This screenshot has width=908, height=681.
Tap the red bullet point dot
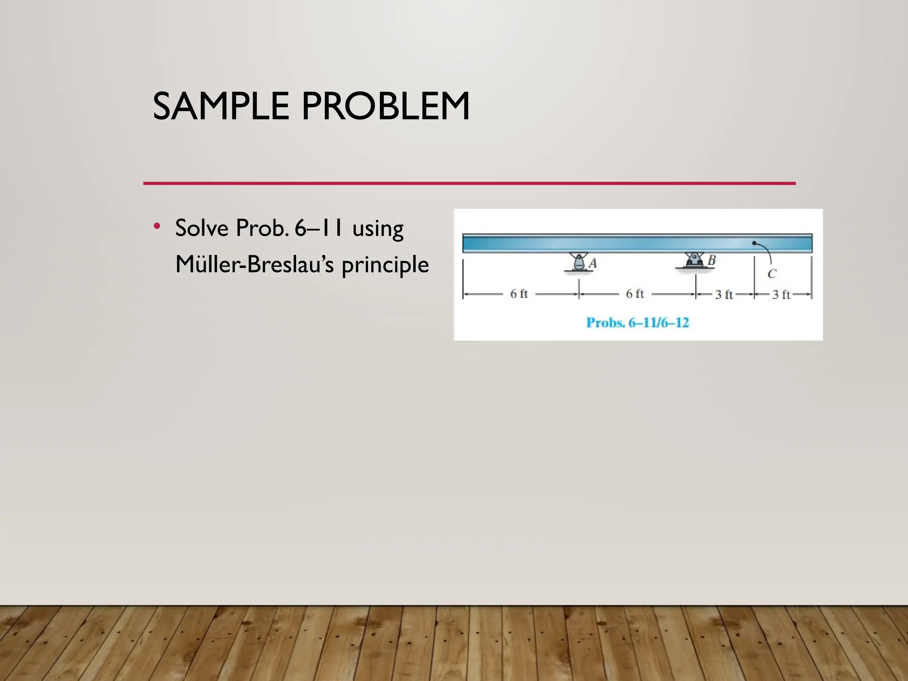pyautogui.click(x=157, y=226)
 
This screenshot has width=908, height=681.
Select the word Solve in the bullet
pyautogui.click(x=202, y=228)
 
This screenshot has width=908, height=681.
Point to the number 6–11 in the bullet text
pyautogui.click(x=318, y=228)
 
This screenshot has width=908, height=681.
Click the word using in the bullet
pyautogui.click(x=378, y=230)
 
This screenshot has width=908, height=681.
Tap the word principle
pyautogui.click(x=385, y=266)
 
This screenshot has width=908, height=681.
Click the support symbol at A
pyautogui.click(x=578, y=262)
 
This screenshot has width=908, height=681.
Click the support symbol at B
pyautogui.click(x=694, y=260)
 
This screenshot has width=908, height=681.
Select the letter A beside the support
pyautogui.click(x=593, y=263)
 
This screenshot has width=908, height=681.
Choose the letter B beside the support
pyautogui.click(x=712, y=260)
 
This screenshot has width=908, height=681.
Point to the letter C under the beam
pyautogui.click(x=772, y=274)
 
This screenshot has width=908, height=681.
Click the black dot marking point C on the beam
pyautogui.click(x=754, y=243)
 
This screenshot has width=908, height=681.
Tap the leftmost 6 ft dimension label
pyautogui.click(x=519, y=294)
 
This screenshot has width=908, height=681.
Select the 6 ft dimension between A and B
pyautogui.click(x=634, y=294)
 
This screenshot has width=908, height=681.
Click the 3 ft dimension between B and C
pyautogui.click(x=724, y=294)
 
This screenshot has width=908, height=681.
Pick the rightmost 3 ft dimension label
pyautogui.click(x=781, y=294)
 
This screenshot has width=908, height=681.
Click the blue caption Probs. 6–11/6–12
pyautogui.click(x=638, y=322)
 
